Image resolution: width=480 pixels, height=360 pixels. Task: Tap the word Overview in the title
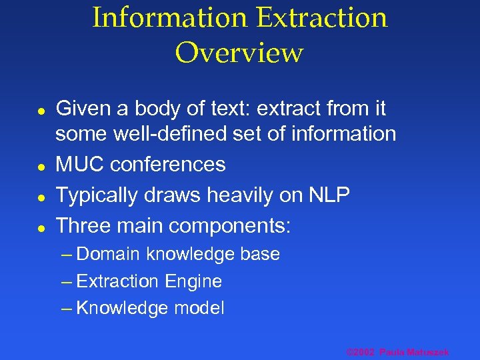click(x=239, y=53)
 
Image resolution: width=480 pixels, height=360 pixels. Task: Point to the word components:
click(x=230, y=226)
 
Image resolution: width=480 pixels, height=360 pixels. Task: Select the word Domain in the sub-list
click(x=108, y=254)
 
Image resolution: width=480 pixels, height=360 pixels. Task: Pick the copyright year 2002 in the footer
click(x=364, y=351)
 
